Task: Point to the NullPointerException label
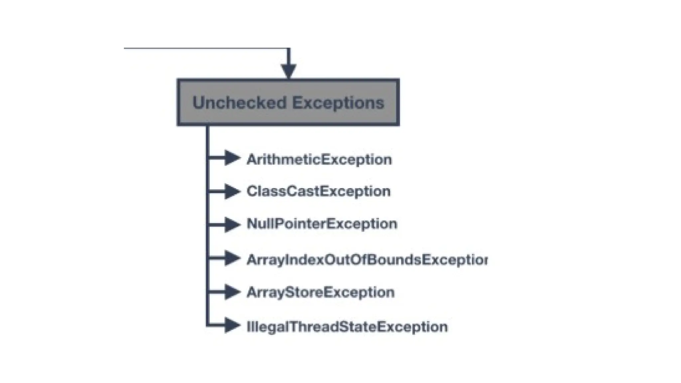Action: (322, 224)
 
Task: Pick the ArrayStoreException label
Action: (321, 292)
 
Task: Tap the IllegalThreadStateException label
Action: (347, 326)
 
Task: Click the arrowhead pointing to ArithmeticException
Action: (232, 158)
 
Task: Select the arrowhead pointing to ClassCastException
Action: (232, 191)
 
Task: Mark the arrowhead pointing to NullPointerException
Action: (232, 224)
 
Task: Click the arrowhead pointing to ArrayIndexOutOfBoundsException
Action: (232, 258)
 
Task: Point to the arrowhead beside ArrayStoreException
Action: (232, 292)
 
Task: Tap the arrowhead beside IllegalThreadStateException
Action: (232, 325)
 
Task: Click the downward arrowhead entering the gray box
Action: (288, 71)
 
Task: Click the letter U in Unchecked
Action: (199, 102)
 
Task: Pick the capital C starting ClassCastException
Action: (251, 191)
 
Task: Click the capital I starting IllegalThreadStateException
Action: (248, 326)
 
